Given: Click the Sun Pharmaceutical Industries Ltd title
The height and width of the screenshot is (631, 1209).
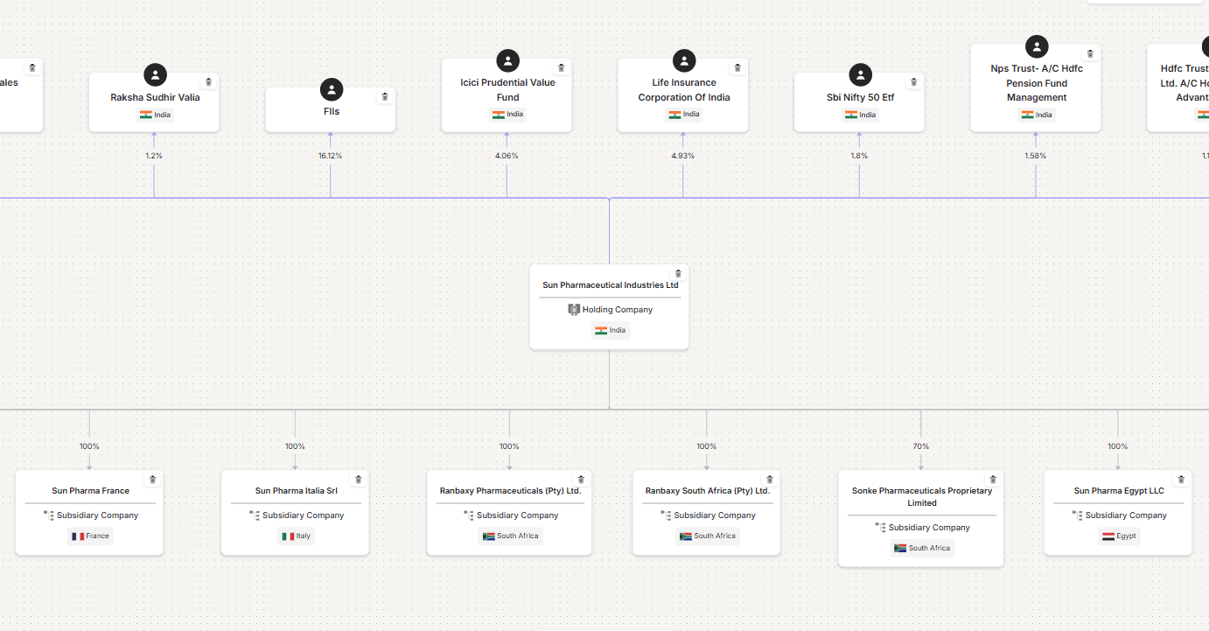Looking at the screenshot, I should click(x=610, y=285).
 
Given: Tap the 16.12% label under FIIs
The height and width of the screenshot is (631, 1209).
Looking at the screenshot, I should click(x=330, y=156).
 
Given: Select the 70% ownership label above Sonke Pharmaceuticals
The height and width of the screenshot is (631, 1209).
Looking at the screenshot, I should click(x=920, y=446).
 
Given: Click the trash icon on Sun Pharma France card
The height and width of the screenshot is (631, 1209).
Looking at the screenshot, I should click(x=152, y=480).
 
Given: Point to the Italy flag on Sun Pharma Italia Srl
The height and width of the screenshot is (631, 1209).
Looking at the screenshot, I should click(x=288, y=536).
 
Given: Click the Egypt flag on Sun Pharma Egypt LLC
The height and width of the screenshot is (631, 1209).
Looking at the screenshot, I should click(x=1108, y=536).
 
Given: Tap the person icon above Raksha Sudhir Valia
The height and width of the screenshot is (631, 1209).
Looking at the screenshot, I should click(x=155, y=75).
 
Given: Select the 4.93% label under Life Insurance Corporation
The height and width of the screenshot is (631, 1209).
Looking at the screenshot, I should click(x=682, y=156).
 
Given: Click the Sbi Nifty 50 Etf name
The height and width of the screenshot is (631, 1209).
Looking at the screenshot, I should click(x=860, y=97).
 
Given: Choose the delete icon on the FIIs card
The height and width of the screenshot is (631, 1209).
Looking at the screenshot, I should click(x=384, y=96).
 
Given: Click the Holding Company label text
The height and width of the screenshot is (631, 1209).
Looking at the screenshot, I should click(x=618, y=310).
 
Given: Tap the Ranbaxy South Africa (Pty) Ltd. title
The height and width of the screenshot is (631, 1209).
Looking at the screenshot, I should click(x=707, y=491).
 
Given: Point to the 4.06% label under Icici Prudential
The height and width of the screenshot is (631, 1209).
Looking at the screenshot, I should click(x=507, y=156).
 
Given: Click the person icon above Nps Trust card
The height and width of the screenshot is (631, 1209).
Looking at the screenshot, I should click(x=1037, y=46).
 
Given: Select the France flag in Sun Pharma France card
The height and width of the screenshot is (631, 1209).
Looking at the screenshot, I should click(x=78, y=536).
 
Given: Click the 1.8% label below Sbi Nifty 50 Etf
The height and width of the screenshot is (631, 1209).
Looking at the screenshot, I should click(x=859, y=156).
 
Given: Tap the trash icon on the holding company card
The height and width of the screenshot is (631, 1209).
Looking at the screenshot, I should click(x=677, y=274).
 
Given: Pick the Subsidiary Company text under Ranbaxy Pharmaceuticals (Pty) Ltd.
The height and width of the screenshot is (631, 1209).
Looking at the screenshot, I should click(x=517, y=515).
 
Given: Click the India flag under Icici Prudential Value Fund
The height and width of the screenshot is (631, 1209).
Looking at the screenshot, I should click(x=498, y=115).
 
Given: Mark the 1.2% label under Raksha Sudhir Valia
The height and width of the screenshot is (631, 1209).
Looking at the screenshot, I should click(x=154, y=156).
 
